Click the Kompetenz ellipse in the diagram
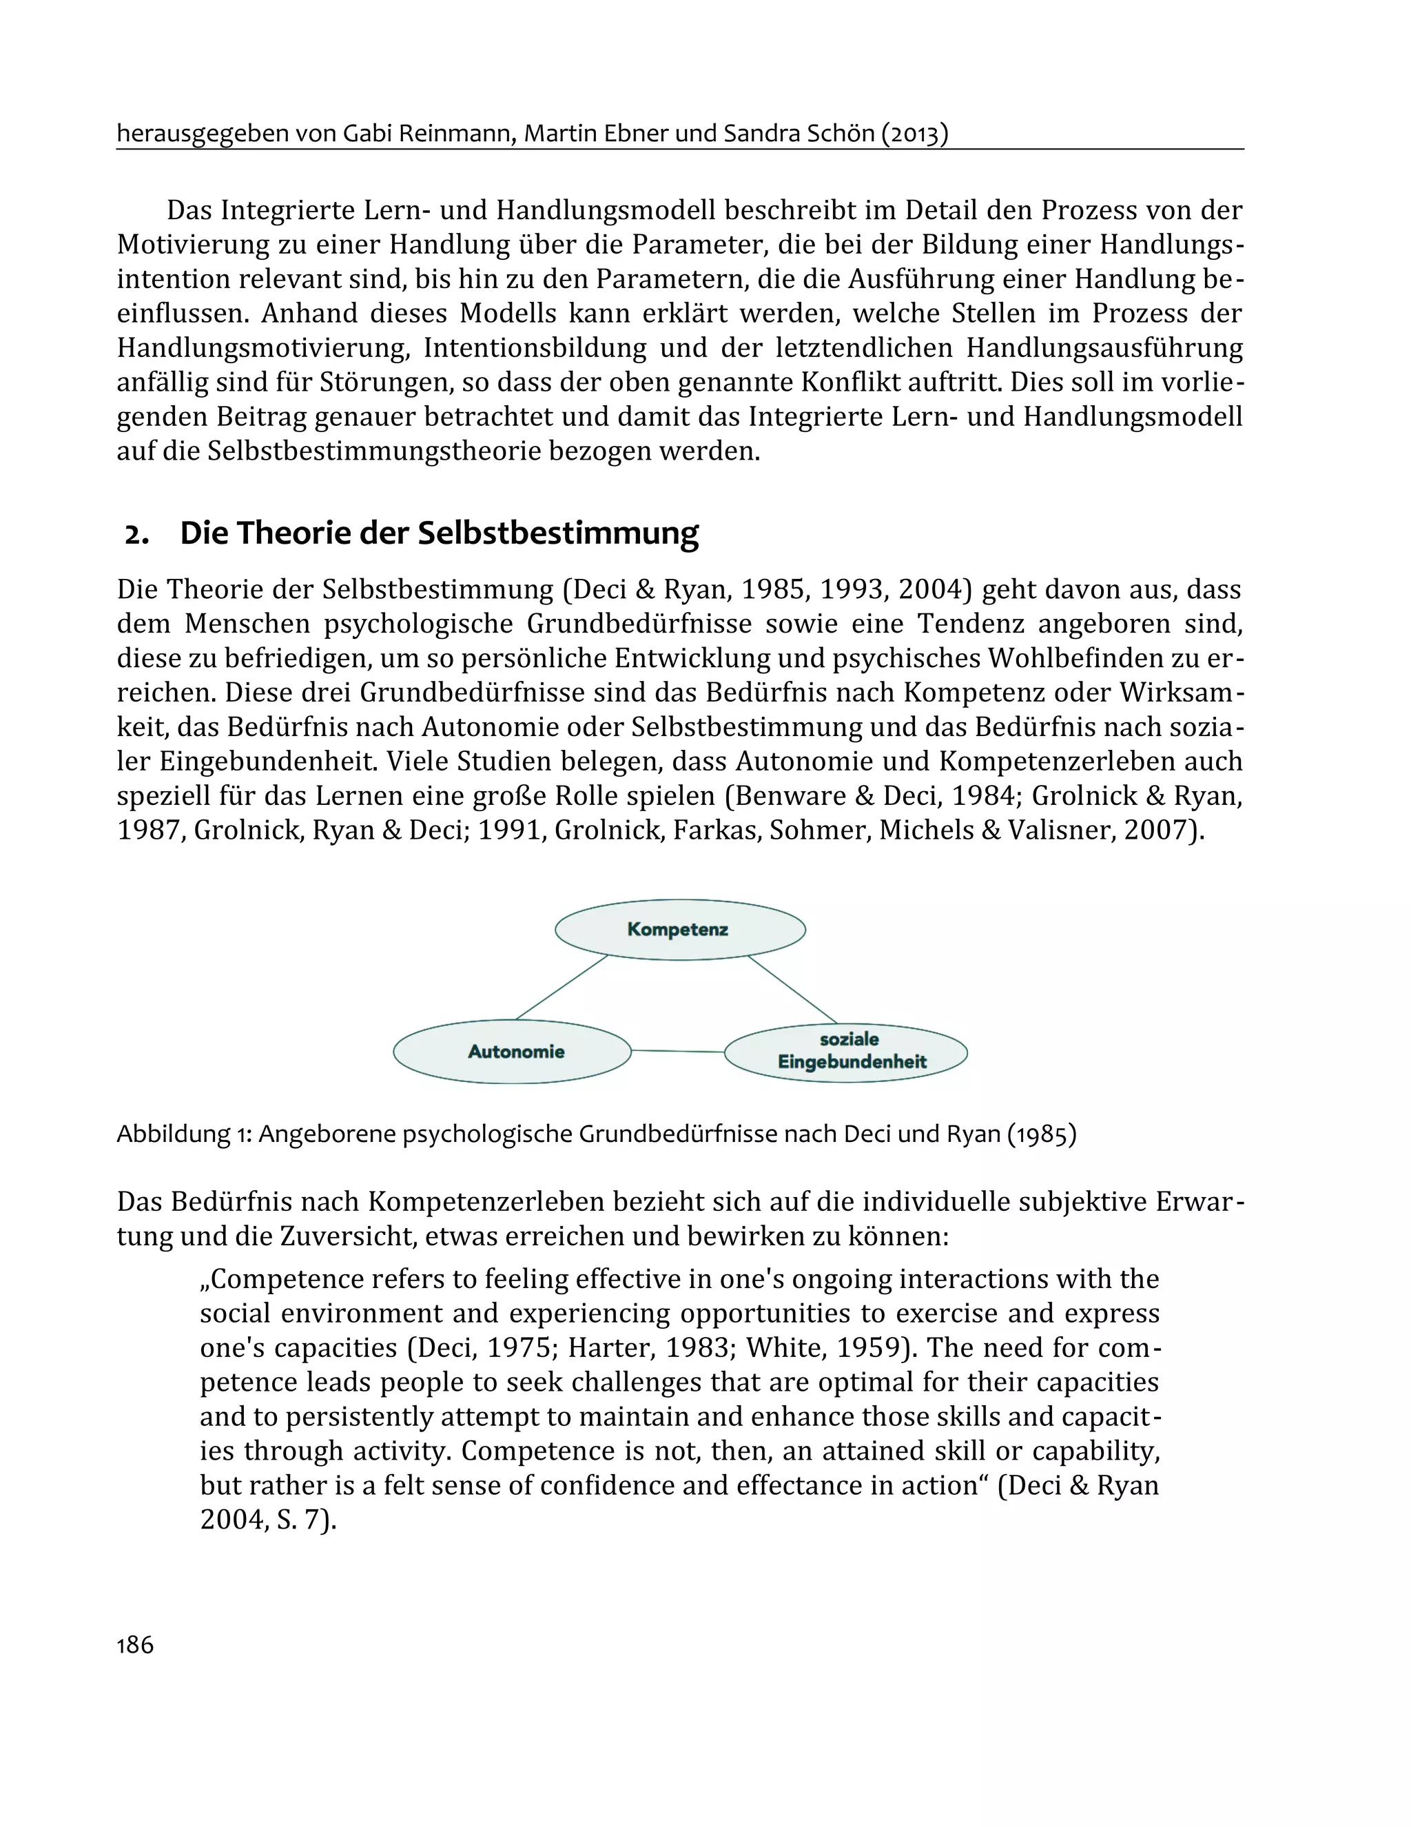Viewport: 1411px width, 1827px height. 679,930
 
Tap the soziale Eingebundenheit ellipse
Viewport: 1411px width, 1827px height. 847,1052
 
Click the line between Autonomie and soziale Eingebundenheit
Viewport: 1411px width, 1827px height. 677,1051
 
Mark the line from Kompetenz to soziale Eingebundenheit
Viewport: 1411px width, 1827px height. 792,989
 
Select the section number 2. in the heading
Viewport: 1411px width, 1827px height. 136,533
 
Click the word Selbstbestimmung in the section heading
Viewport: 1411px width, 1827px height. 558,533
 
